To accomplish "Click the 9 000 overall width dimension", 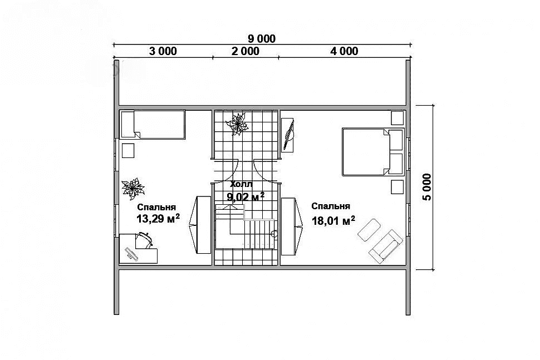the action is pos(262,38).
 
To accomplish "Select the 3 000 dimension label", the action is pos(163,51).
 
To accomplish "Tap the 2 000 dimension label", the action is pos(245,51).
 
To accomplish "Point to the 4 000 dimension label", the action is pos(344,51).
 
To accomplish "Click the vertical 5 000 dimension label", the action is pos(426,187).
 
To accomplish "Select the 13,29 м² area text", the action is pos(158,218).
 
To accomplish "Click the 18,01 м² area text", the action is pos(333,220).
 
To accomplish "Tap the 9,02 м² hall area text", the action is pos(246,196).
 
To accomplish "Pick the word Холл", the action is pos(242,185).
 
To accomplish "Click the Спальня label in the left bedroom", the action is pos(156,207).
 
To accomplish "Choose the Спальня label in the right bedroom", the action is pos(331,206).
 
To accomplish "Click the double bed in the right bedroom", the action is pos(372,152).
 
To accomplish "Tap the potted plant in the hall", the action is pos(237,124).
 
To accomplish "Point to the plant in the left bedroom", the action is pos(132,188).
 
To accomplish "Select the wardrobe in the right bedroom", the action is pos(292,226).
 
